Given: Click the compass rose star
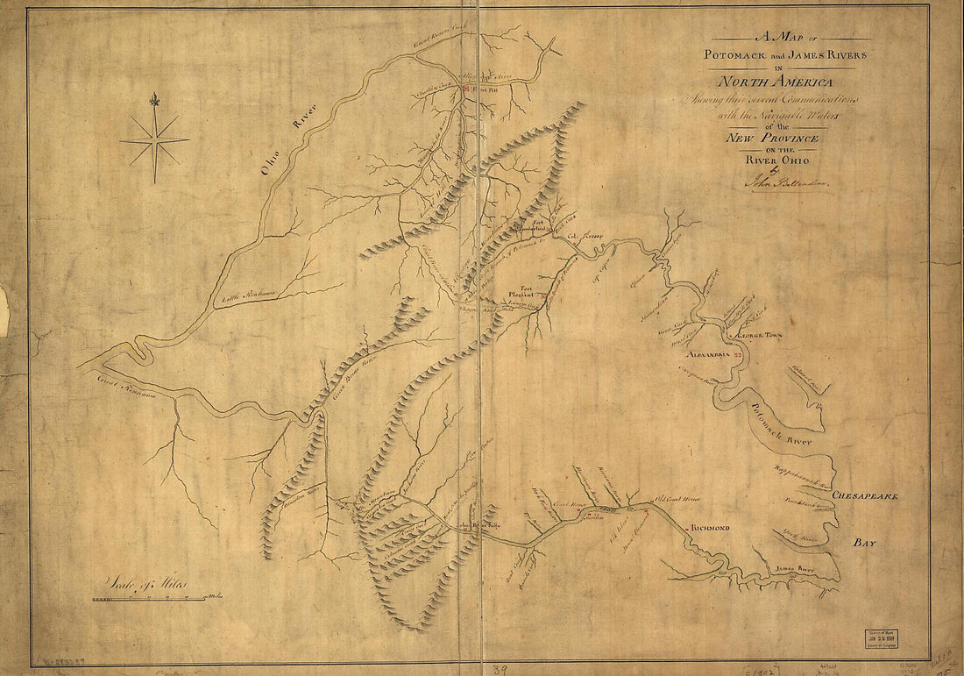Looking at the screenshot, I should (x=155, y=140).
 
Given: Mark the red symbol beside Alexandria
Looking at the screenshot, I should (x=738, y=354).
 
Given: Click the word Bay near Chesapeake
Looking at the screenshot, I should (x=865, y=544).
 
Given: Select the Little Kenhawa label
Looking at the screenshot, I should (x=248, y=299).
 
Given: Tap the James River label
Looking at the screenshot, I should (x=793, y=569).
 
